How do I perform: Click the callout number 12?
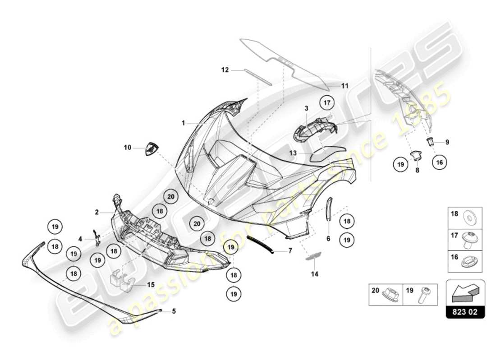[x=225, y=69]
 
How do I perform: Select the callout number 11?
[x=345, y=85]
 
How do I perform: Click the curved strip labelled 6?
[x=328, y=208]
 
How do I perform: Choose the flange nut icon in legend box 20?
[x=389, y=295]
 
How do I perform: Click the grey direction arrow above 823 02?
[x=465, y=293]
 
